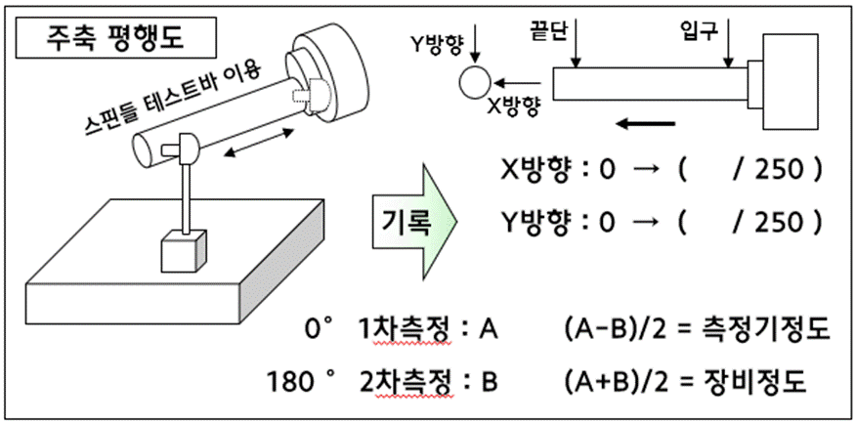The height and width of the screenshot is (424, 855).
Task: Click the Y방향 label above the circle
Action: pyautogui.click(x=435, y=43)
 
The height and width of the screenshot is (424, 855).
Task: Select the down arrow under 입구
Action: pyautogui.click(x=730, y=49)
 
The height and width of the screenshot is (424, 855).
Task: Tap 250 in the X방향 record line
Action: pyautogui.click(x=779, y=171)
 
